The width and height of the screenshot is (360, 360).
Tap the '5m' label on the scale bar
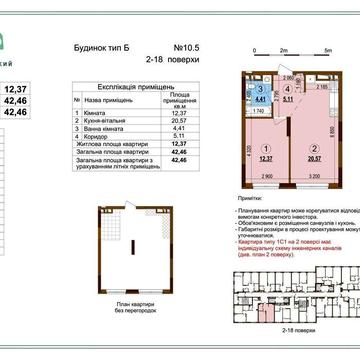pos(328,47)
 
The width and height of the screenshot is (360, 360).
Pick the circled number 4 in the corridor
pos(257,88)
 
